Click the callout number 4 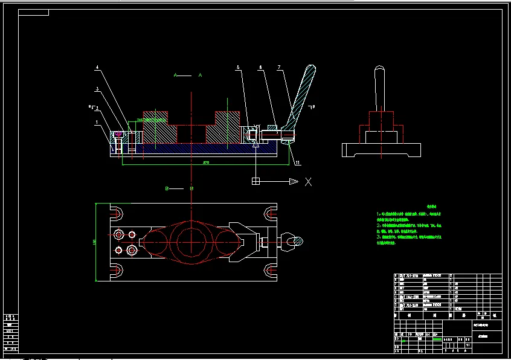click(97, 67)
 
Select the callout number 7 click(279, 67)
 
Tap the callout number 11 click(297, 162)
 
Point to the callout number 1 click(96, 122)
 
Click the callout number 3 click(97, 89)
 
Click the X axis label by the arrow click(308, 181)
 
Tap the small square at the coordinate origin click(256, 181)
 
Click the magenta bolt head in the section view click(118, 133)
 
